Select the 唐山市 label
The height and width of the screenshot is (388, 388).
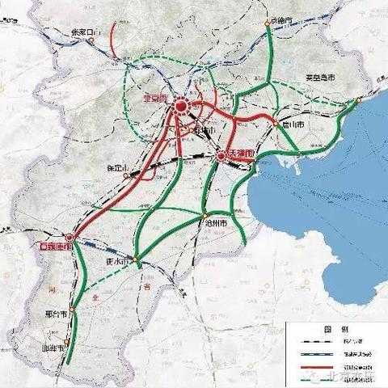(292, 126)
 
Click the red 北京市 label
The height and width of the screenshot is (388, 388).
(154, 99)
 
